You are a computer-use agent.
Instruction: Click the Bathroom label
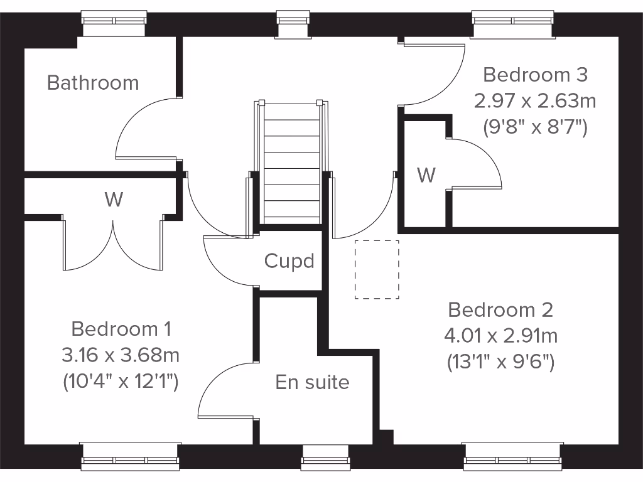(93, 83)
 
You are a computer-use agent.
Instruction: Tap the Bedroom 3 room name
(535, 75)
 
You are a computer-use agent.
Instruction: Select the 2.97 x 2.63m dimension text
(535, 100)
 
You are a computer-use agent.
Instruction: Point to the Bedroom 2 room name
(500, 310)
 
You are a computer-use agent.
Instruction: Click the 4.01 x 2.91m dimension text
(500, 336)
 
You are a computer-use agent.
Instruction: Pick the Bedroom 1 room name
(121, 329)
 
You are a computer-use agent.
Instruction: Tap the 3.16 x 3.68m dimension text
(121, 356)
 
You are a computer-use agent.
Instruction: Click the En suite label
(312, 382)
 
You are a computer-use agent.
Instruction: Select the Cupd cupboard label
(289, 261)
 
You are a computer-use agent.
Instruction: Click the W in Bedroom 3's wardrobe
(426, 175)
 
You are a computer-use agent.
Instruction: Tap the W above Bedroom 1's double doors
(114, 200)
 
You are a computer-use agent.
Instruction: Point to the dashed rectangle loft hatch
(377, 269)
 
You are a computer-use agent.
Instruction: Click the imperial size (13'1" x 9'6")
(500, 362)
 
